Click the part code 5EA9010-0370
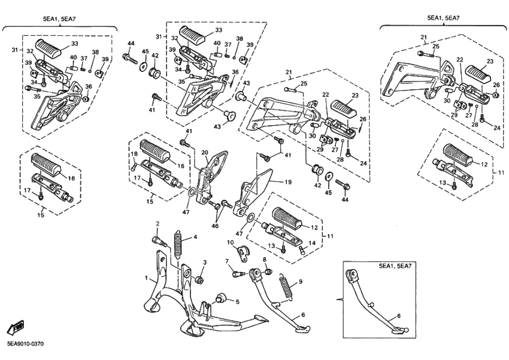(x=25, y=344)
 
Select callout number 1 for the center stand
(x=146, y=278)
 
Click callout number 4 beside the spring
(x=194, y=238)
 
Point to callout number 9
(x=300, y=282)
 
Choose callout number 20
(x=204, y=153)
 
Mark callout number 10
(x=230, y=242)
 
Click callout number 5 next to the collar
(x=237, y=301)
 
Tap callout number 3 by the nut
(x=204, y=262)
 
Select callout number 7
(x=228, y=262)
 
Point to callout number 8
(x=264, y=259)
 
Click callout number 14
(x=311, y=243)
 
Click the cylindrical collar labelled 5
(x=220, y=298)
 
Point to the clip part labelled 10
(x=243, y=253)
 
